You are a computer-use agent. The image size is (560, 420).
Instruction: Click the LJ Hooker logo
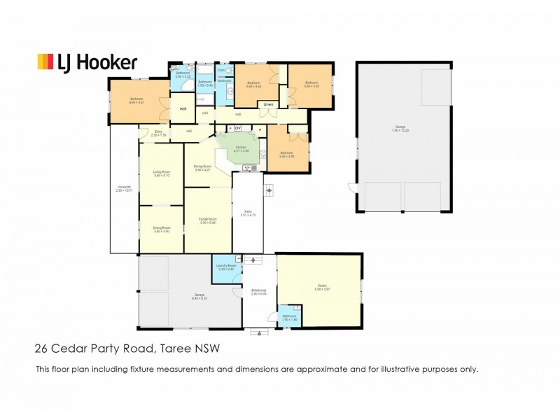[x=87, y=62]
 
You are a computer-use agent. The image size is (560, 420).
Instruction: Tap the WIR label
[x=183, y=109]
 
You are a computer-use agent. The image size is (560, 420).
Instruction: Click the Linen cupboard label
[x=267, y=105]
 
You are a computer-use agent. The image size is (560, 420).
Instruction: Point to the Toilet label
[x=220, y=71]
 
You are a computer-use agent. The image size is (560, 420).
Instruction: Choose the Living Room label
[x=161, y=173]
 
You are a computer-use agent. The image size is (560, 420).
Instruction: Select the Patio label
[x=248, y=214]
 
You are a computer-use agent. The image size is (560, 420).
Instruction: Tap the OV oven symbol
[x=238, y=128]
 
